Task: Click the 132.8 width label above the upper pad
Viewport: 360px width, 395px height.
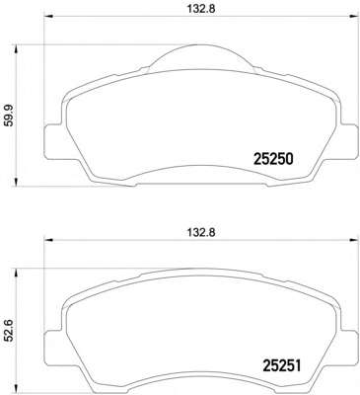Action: point(201,13)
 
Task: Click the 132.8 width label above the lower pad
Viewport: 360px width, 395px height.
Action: point(201,233)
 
